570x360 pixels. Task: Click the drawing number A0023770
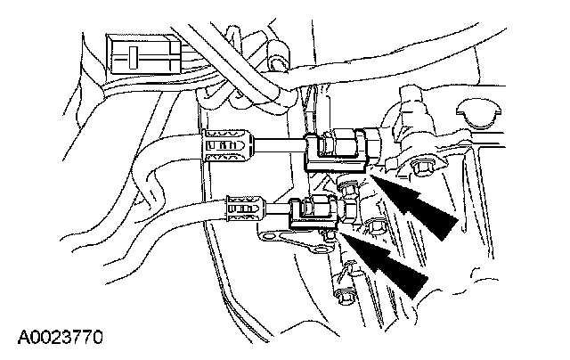[60, 338]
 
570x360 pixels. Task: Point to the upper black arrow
[419, 203]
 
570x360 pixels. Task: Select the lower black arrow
[389, 262]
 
